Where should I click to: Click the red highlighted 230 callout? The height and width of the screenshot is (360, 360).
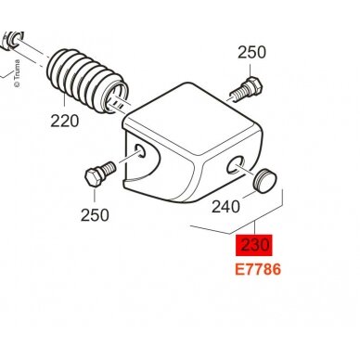254,245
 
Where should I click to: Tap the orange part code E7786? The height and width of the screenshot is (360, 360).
258,269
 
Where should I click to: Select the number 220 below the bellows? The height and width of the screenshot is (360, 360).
65,121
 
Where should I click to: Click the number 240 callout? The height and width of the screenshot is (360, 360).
225,207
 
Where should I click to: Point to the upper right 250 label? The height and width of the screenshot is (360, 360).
251,52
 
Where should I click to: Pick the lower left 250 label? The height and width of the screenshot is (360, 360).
95,215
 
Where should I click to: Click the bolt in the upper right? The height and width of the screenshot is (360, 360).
247,90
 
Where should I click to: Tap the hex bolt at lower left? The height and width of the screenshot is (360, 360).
100,174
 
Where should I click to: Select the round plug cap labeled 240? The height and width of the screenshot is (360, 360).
264,180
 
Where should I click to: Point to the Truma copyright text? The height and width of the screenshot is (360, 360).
17,73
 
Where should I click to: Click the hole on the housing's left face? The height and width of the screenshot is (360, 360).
140,151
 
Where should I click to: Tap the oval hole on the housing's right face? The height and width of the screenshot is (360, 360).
236,165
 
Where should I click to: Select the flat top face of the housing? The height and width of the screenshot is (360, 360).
192,119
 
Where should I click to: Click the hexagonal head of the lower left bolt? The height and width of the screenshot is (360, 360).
94,178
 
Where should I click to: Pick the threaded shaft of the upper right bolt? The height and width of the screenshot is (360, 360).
239,94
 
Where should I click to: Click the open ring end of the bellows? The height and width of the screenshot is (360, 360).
117,97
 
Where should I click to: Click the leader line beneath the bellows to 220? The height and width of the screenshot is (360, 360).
64,104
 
